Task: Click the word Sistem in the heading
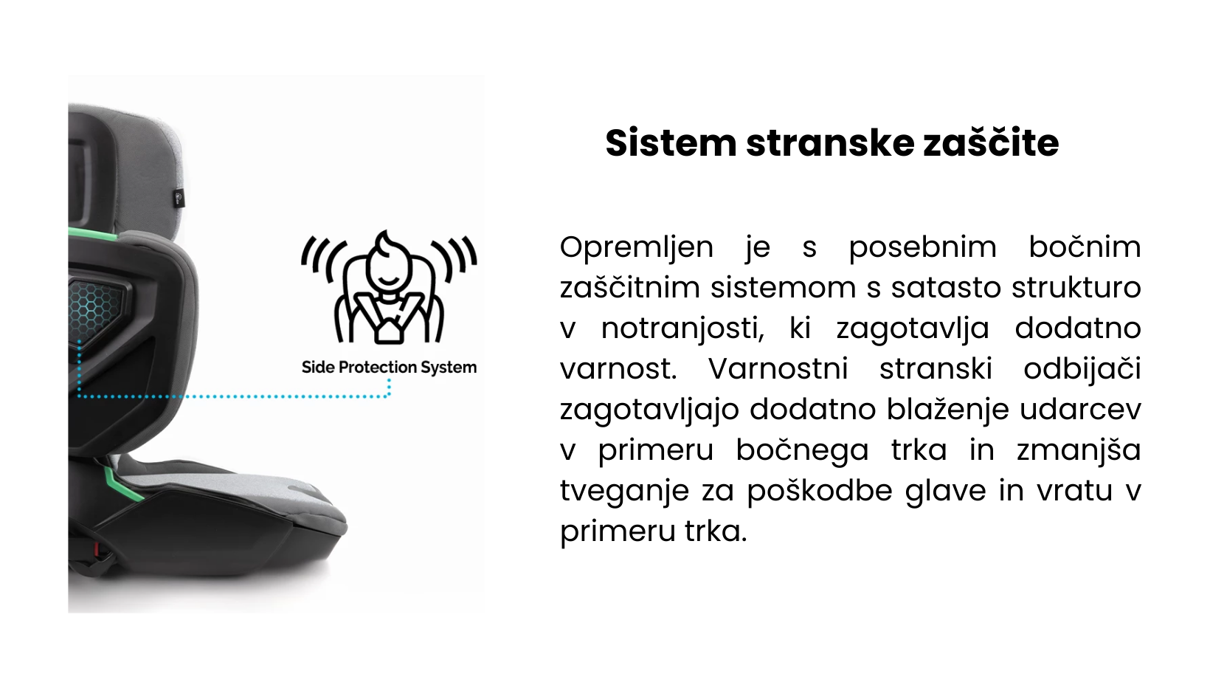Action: click(671, 143)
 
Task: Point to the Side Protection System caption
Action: click(389, 368)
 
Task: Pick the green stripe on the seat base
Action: click(122, 483)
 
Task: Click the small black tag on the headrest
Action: click(179, 199)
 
